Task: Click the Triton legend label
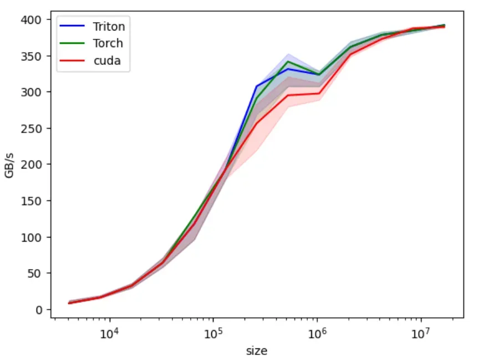click(x=109, y=27)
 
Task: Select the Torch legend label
click(x=108, y=43)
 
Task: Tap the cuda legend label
click(x=107, y=60)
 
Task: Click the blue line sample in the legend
click(x=72, y=26)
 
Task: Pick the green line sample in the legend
click(x=72, y=43)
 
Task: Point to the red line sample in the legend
click(x=72, y=60)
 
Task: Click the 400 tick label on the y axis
click(x=31, y=20)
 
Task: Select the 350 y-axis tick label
click(x=31, y=57)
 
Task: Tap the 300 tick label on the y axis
click(x=31, y=92)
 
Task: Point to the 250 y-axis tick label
click(x=31, y=128)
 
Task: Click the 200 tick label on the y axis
click(x=31, y=165)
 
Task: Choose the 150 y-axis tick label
click(x=31, y=201)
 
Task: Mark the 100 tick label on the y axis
click(x=31, y=237)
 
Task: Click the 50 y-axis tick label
click(x=34, y=273)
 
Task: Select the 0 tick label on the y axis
click(x=38, y=310)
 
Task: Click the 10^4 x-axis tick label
click(x=109, y=333)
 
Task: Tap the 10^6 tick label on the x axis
click(x=317, y=333)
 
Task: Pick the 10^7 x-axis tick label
click(x=421, y=333)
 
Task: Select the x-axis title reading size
click(x=257, y=351)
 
